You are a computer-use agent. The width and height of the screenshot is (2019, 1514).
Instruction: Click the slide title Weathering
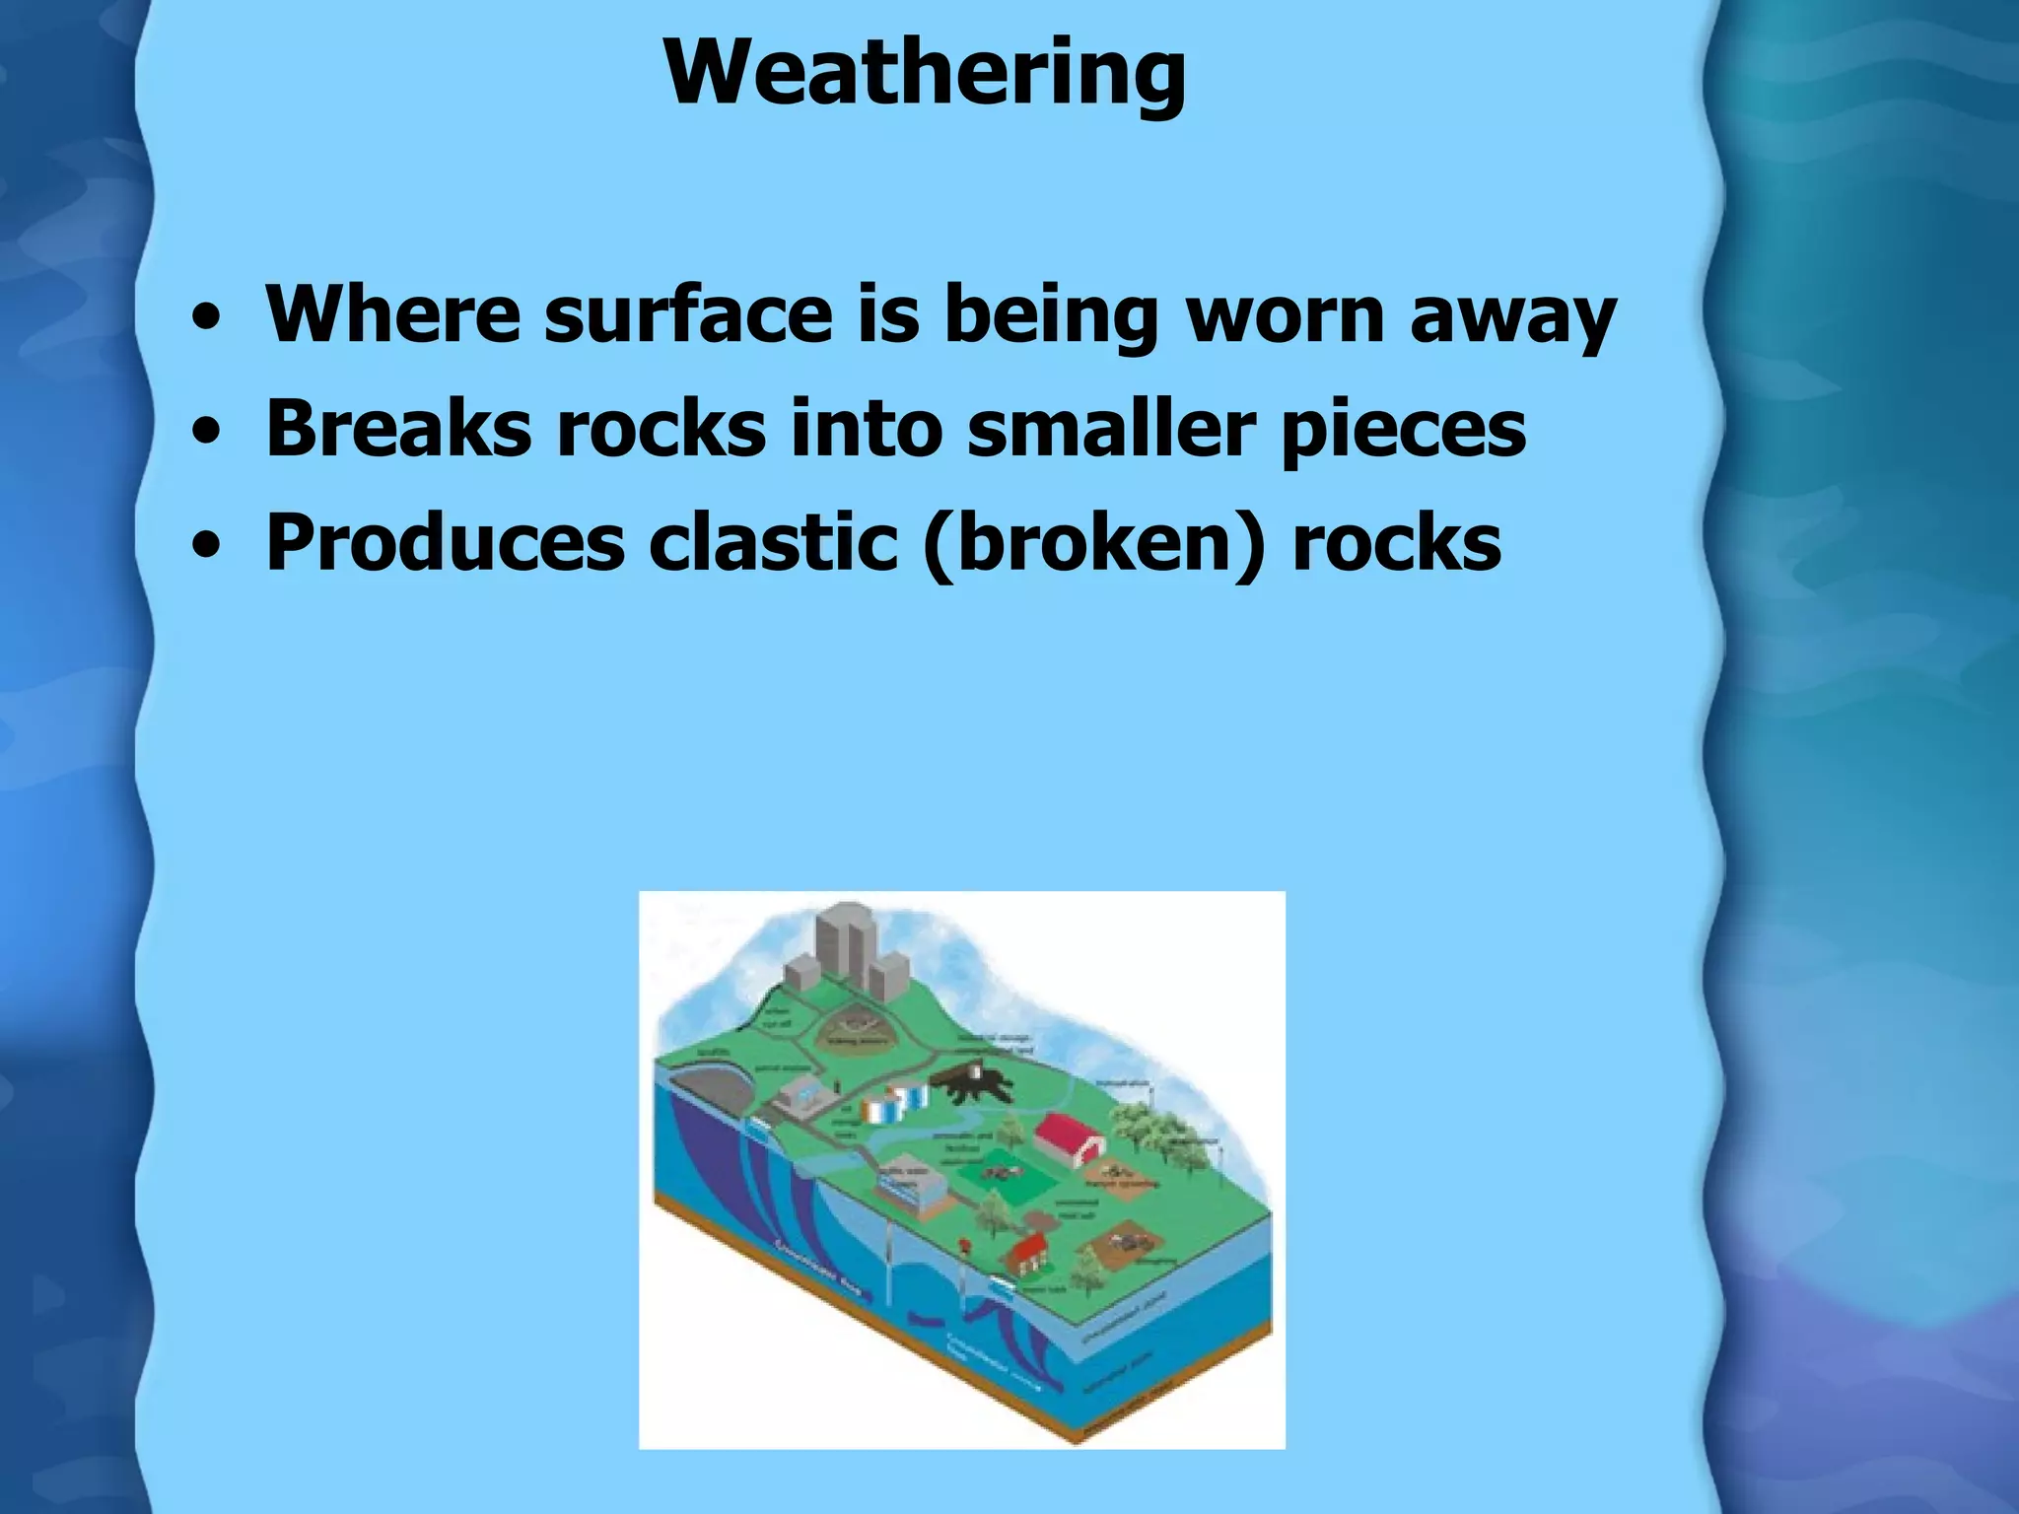tap(925, 74)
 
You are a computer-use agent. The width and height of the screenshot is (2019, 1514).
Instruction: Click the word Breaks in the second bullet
tap(398, 430)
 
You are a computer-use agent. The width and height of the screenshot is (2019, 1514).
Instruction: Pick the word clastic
tap(773, 544)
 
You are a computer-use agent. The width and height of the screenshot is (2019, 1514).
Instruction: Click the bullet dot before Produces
tap(206, 545)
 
